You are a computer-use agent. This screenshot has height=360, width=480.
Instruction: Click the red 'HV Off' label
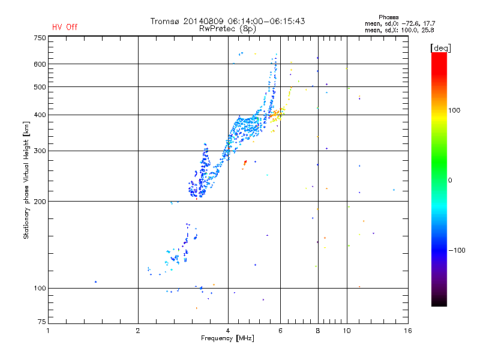pos(65,27)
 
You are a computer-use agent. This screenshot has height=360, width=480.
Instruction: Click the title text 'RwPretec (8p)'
pos(228,28)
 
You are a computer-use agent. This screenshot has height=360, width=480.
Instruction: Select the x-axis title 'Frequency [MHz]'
pos(228,338)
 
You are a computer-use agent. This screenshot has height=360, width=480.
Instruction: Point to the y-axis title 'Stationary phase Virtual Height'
pos(26,181)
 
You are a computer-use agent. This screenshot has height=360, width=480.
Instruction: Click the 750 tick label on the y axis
pos(40,37)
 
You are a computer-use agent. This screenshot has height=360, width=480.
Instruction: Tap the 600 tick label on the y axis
pos(40,64)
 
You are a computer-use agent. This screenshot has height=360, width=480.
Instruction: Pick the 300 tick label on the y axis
pos(40,151)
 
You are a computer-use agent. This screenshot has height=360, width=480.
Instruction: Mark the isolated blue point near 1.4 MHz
pos(95,281)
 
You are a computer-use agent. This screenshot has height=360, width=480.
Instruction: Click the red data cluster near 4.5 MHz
pos(245,162)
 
